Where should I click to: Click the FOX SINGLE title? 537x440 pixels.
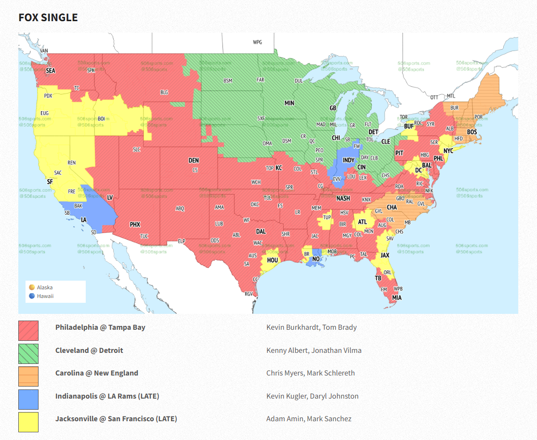click(x=48, y=18)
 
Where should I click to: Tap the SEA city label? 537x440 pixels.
click(x=51, y=71)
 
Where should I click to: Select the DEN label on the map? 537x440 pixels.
click(x=194, y=161)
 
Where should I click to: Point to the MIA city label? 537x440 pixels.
click(x=396, y=298)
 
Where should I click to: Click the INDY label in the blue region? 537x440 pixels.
click(x=349, y=160)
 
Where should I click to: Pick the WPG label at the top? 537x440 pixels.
click(x=258, y=42)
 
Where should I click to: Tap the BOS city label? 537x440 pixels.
click(x=472, y=132)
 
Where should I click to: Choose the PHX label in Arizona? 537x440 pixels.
click(x=135, y=224)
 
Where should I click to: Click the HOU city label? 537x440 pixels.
click(x=273, y=260)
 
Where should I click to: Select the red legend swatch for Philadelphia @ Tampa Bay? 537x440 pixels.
click(x=28, y=331)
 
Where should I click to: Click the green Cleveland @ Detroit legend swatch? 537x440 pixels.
click(x=28, y=353)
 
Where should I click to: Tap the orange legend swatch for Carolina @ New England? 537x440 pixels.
click(x=28, y=376)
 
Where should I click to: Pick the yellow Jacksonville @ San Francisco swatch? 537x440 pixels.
click(x=28, y=422)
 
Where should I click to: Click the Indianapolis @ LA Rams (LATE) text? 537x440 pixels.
click(x=107, y=396)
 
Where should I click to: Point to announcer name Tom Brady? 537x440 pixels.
click(x=340, y=327)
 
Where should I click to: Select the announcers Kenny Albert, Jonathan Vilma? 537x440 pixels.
click(x=314, y=350)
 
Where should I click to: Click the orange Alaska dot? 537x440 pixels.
click(x=32, y=287)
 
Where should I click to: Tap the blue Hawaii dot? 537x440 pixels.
click(x=32, y=296)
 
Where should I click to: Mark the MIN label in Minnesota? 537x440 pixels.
click(x=289, y=103)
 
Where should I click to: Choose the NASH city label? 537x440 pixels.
click(x=343, y=198)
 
